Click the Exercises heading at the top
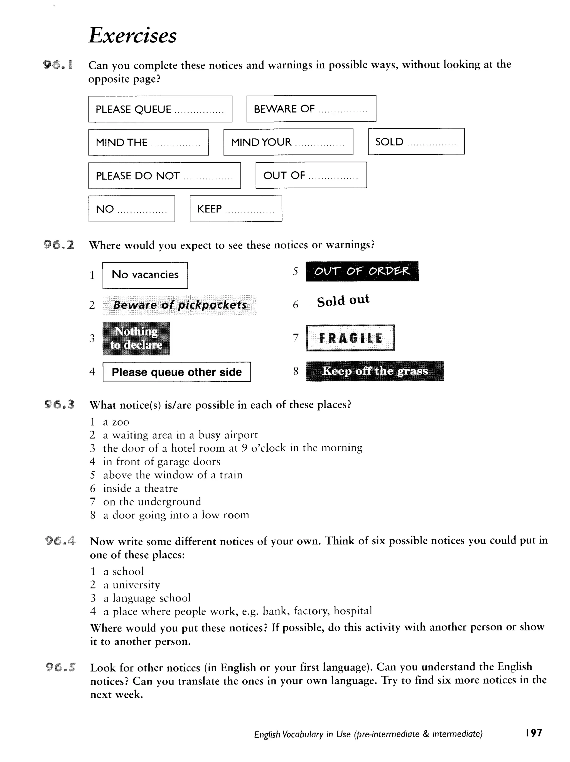click(132, 36)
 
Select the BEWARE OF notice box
click(311, 109)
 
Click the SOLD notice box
click(416, 142)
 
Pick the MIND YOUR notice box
click(288, 142)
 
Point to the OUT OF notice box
click(311, 175)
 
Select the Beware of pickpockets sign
click(180, 305)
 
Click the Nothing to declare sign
click(136, 338)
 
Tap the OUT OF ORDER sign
click(362, 271)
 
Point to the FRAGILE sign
click(350, 338)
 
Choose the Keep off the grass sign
click(375, 371)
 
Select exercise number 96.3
click(59, 404)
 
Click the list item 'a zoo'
click(116, 422)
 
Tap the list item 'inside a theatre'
click(140, 488)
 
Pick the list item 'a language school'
click(147, 598)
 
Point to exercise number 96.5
click(61, 668)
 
